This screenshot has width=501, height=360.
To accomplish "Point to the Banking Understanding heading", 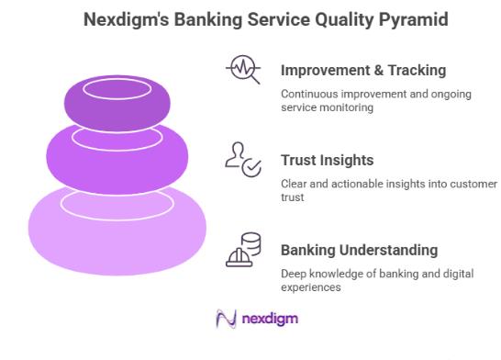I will [x=359, y=250].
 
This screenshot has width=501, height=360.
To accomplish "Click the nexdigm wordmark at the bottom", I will [x=270, y=320].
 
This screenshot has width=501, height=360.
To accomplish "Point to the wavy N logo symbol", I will [x=225, y=320].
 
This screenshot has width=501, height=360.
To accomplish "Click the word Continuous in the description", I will [x=307, y=93].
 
